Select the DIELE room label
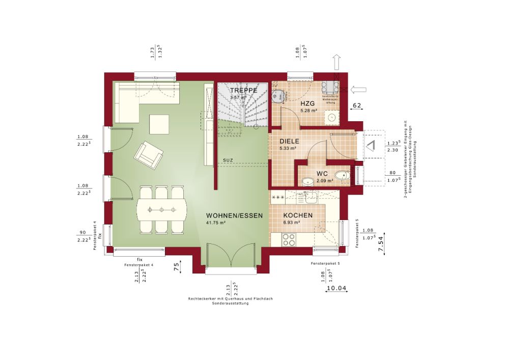(290, 142)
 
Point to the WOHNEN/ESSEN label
(234, 215)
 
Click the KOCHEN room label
(298, 215)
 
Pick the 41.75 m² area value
(216, 223)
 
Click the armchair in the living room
(149, 153)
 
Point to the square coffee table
(159, 124)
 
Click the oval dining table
(161, 209)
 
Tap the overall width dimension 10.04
(335, 289)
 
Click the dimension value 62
(357, 105)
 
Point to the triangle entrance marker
(372, 145)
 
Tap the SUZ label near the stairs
(228, 160)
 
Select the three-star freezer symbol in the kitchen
(278, 196)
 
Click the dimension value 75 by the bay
(176, 268)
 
